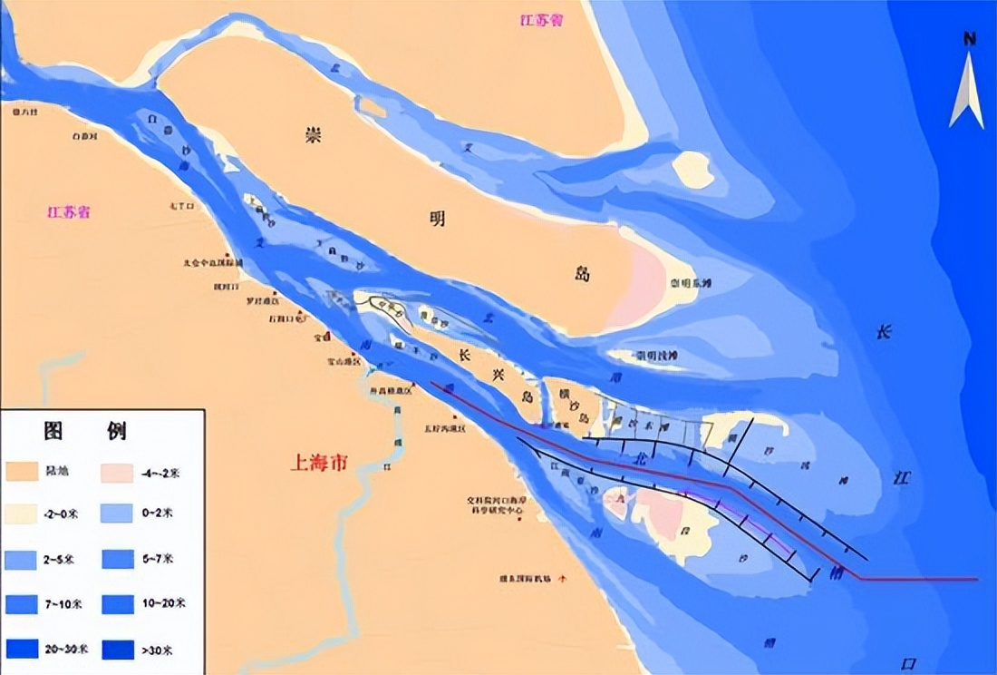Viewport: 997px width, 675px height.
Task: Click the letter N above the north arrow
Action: tap(969, 39)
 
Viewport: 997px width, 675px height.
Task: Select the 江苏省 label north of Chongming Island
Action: tap(542, 20)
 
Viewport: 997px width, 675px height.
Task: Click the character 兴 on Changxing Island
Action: tap(498, 373)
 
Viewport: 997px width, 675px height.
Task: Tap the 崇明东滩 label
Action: tap(691, 284)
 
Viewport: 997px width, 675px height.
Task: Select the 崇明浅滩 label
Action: tap(656, 355)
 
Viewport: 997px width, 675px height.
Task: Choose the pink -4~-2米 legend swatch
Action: tap(118, 471)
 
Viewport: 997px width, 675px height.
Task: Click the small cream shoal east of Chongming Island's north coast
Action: tap(693, 169)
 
